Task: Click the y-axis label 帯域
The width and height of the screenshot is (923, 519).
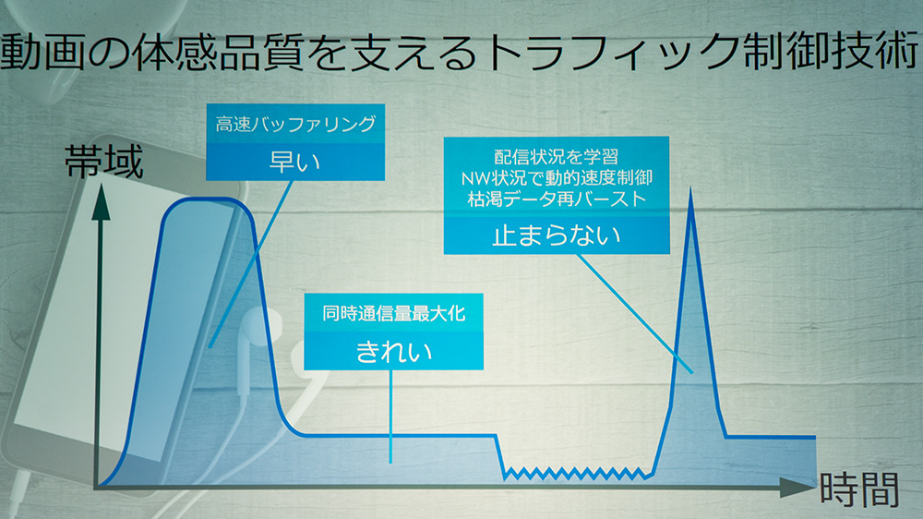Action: point(102,163)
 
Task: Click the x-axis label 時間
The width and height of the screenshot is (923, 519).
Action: point(857,489)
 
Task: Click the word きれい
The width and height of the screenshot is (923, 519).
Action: point(394,351)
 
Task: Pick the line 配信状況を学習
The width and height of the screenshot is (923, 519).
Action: point(556,157)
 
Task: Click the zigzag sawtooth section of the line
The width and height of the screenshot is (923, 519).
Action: point(578,472)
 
